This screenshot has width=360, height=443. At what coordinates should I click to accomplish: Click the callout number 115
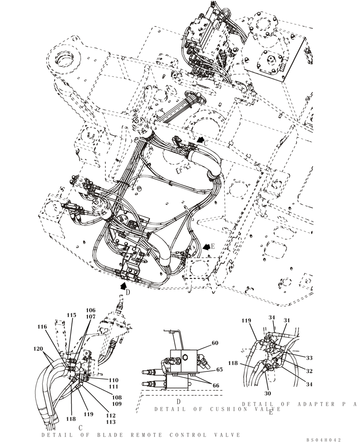click(x=71, y=315)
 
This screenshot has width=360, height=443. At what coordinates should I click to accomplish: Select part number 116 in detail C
click(x=42, y=326)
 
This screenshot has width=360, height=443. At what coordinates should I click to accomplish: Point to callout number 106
click(x=90, y=311)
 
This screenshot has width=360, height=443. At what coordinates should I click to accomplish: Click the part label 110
click(x=114, y=380)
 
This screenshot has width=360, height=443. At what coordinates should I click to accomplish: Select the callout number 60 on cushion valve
click(x=215, y=343)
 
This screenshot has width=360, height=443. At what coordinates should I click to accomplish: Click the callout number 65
click(x=219, y=369)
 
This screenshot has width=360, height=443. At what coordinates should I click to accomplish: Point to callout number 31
click(x=287, y=321)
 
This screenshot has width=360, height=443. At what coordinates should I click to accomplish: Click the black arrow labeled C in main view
click(x=202, y=140)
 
